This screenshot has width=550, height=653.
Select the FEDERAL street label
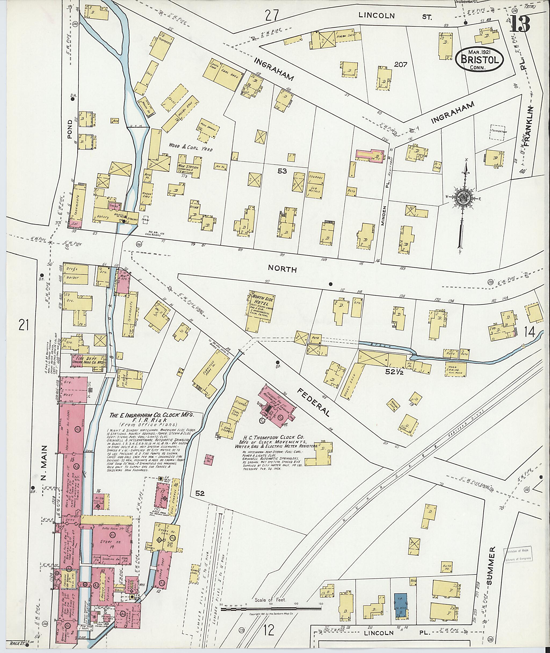pyautogui.click(x=314, y=401)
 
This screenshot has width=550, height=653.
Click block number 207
pyautogui.click(x=401, y=65)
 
